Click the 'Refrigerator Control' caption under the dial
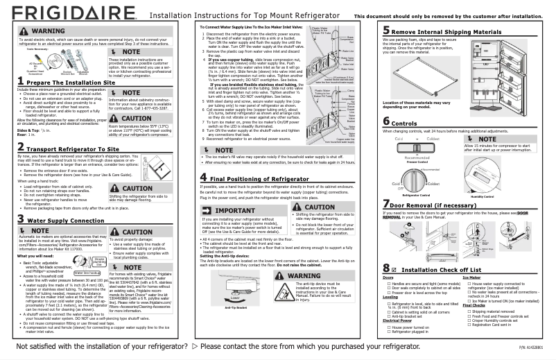[x=419, y=196]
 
